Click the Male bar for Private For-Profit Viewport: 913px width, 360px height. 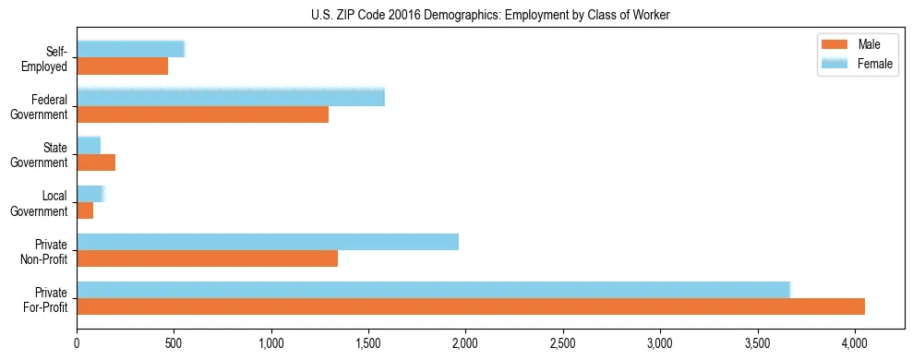tap(471, 306)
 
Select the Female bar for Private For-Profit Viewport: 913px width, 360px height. tap(433, 290)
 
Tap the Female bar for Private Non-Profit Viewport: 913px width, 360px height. tap(268, 242)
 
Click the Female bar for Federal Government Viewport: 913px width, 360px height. tap(231, 98)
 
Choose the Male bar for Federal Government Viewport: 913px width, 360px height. tap(202, 114)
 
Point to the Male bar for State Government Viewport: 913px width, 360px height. tap(96, 162)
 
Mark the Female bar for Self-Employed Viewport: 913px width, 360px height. tap(130, 50)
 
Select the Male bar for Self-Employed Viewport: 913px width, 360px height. tap(122, 66)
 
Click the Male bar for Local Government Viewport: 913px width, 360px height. tap(85, 210)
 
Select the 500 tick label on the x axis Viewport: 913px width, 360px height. tap(174, 343)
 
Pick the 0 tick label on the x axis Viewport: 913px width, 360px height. tap(77, 343)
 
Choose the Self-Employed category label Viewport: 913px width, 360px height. tap(46, 59)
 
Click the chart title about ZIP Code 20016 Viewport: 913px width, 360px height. tap(490, 16)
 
